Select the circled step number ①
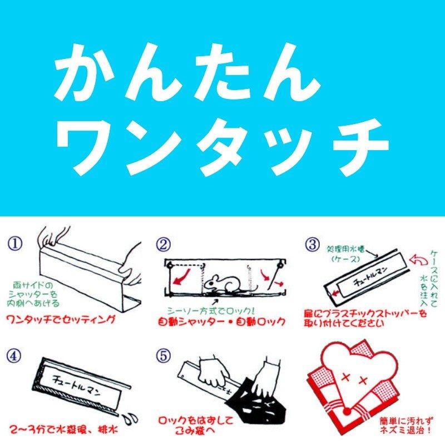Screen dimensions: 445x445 (x=14, y=244)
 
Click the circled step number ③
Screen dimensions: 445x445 (x=313, y=244)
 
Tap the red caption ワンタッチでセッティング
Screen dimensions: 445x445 (x=61, y=320)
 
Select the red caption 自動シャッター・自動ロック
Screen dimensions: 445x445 (x=222, y=321)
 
